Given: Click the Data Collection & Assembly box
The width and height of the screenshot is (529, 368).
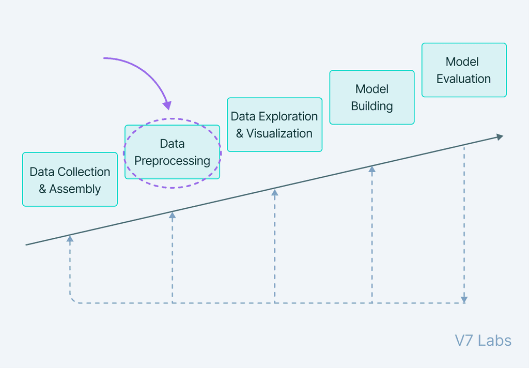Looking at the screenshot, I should coord(70,179).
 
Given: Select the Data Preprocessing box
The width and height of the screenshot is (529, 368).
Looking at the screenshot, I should coord(172,152).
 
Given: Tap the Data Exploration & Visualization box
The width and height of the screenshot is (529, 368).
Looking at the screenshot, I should coord(274,125).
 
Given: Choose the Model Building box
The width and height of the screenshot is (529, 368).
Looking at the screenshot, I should coord(372,97).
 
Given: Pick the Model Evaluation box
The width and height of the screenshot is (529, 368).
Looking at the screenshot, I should coord(464,70).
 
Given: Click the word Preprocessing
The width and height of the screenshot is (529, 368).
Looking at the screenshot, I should coord(172,161).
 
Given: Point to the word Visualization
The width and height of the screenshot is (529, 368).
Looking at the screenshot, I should coord(279,133).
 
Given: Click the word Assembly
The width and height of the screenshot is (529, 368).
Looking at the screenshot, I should coord(75,189).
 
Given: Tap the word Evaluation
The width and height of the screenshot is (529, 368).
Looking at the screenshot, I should coord(463,79).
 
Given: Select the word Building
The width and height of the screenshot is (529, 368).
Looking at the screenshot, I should coord(372,106).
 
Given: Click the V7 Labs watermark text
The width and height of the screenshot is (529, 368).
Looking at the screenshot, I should coord(483,341).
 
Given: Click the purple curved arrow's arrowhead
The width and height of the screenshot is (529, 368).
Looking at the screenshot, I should coord(167,105).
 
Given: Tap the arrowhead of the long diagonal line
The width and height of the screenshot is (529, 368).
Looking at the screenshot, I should coord(499,137).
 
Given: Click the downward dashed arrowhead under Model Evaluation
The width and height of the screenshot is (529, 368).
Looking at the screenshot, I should coord(464,299).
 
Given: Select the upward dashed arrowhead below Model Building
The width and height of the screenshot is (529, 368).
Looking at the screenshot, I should coord(371,168).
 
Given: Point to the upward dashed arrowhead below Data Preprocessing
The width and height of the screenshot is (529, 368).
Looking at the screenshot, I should coord(173,214).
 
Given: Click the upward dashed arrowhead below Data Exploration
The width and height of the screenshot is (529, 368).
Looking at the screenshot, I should coord(275,192).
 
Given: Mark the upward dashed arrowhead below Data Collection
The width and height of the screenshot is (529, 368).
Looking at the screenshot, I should coord(70,239).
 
